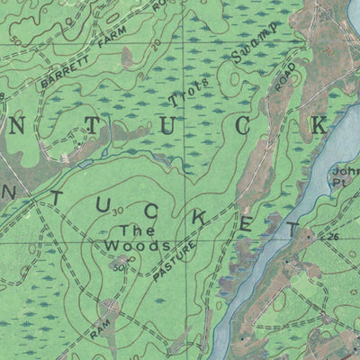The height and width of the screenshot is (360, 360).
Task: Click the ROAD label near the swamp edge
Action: click(x=284, y=80)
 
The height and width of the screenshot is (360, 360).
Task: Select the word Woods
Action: click(x=137, y=245)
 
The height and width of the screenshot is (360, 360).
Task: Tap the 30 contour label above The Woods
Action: click(x=118, y=212)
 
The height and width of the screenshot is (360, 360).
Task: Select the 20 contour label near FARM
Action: click(x=156, y=42)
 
